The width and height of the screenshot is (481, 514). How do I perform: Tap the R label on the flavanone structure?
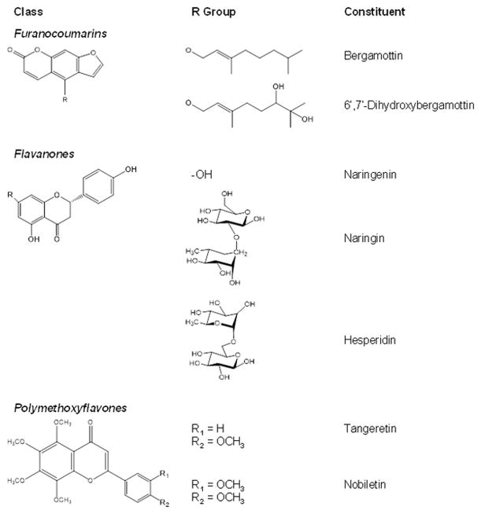coord(9,193)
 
